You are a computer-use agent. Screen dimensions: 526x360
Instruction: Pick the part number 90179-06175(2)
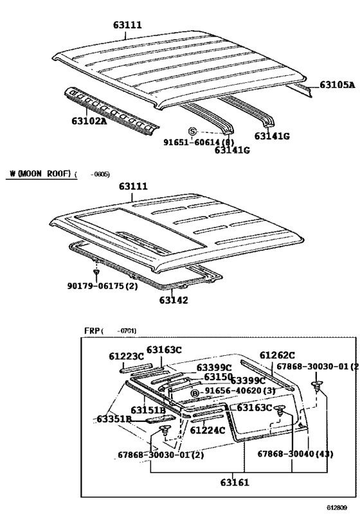(98, 286)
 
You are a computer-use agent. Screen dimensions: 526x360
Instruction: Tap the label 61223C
(127, 355)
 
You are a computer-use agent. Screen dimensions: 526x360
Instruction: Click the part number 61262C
(277, 355)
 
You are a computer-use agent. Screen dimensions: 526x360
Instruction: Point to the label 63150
(218, 377)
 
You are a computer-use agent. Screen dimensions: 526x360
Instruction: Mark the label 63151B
(148, 409)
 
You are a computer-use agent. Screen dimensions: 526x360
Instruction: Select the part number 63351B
(114, 419)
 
